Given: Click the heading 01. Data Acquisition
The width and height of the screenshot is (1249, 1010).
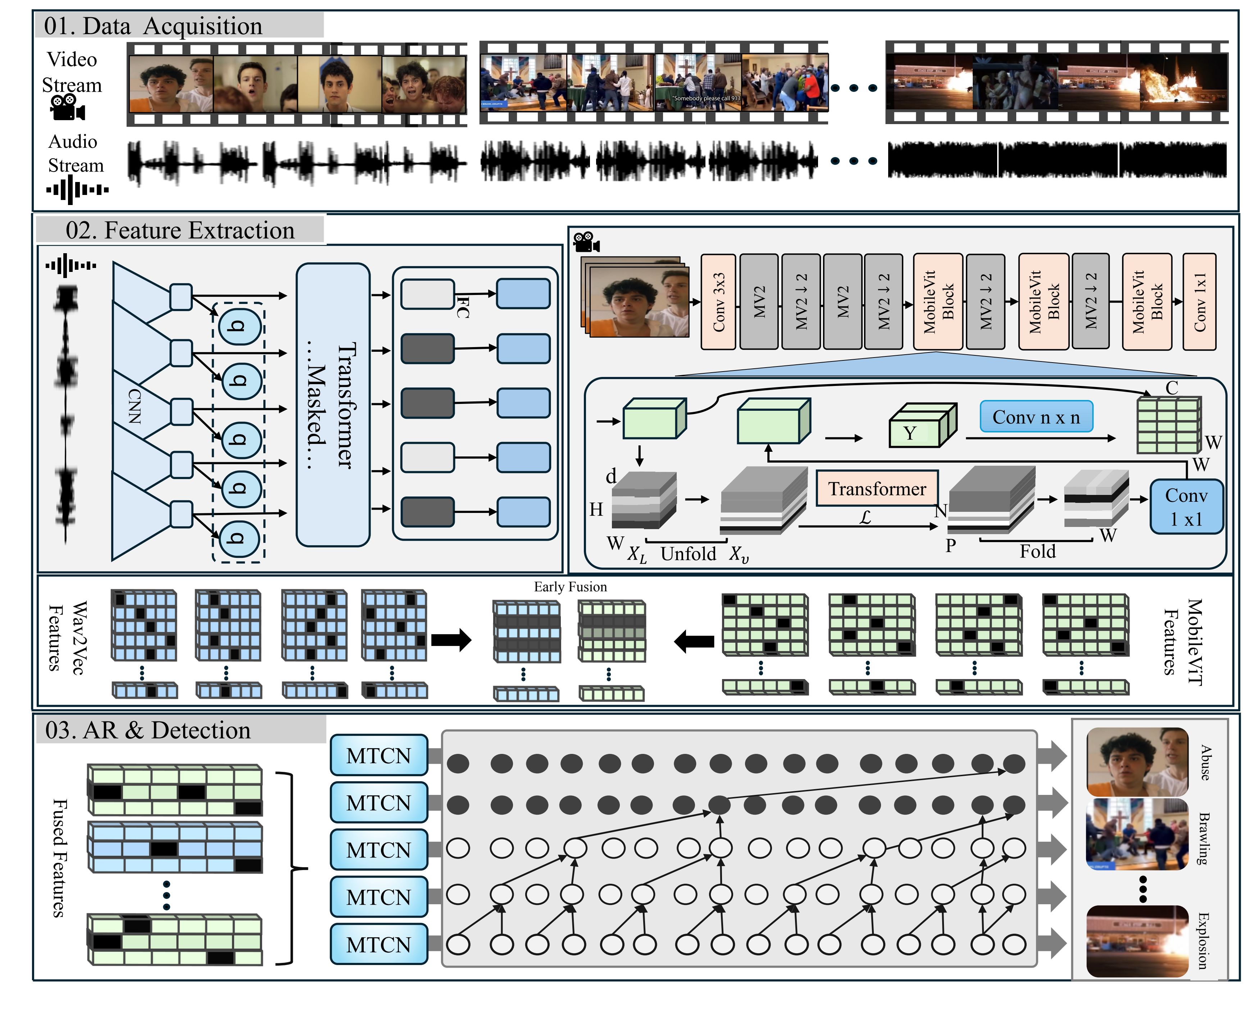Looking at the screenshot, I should [x=153, y=26].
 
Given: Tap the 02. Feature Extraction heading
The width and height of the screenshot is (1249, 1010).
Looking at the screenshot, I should [x=180, y=231].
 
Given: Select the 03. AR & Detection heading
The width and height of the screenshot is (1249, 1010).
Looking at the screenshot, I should [x=148, y=730].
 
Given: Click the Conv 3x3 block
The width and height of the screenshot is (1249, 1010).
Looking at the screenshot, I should [x=718, y=302].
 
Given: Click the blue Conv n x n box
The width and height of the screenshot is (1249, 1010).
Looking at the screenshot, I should [x=1036, y=417].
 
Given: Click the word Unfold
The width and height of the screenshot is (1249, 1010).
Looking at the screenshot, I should [x=688, y=553].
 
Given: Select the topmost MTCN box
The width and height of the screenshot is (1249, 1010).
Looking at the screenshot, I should [x=379, y=756].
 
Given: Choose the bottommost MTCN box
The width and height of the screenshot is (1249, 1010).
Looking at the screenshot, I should [x=379, y=944].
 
